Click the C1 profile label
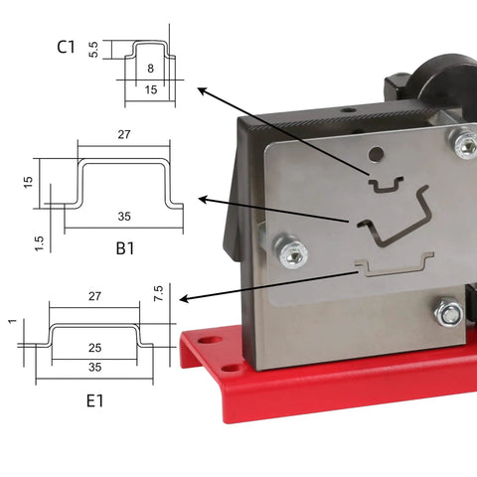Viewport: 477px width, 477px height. click(x=66, y=47)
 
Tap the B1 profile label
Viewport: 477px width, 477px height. click(x=125, y=248)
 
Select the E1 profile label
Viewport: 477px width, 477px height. click(x=94, y=400)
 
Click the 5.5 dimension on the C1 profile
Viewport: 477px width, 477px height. click(x=93, y=50)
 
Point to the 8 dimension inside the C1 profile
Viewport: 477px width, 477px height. click(x=150, y=69)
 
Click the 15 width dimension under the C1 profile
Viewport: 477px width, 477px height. click(x=151, y=89)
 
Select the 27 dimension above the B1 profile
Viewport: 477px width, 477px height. click(x=124, y=134)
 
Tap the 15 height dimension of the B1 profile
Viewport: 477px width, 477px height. click(x=29, y=183)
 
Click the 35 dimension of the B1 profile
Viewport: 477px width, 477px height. click(x=124, y=217)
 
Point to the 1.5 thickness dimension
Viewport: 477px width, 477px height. click(x=39, y=243)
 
